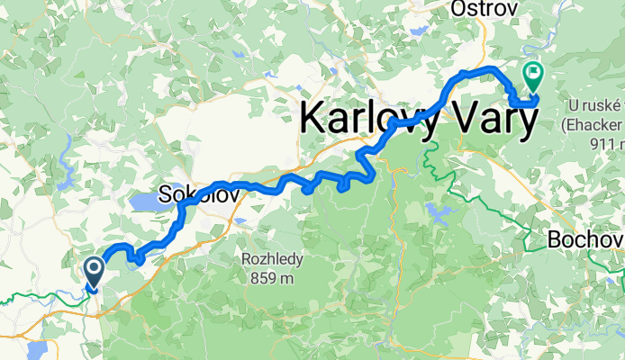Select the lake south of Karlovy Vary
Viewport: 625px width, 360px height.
tap(439, 214)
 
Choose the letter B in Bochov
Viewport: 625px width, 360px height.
tap(554, 240)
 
